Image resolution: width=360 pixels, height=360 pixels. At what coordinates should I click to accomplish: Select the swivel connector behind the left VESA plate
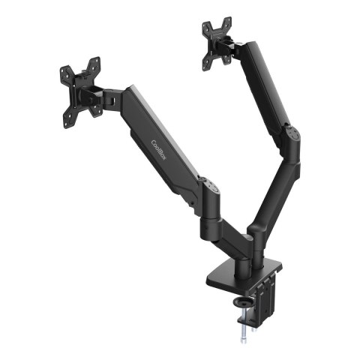105,95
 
